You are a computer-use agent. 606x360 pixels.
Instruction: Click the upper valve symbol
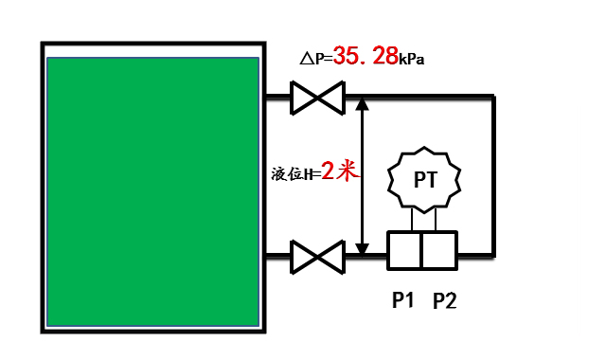coord(316,97)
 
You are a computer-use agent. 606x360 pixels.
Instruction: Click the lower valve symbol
coord(316,255)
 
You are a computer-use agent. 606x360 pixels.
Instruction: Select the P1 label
coord(404,301)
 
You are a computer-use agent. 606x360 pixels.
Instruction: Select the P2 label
coord(445,301)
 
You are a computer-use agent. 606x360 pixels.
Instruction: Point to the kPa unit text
coord(412,60)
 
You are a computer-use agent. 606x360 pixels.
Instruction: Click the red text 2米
coord(338,171)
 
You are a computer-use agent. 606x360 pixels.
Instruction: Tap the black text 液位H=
coord(295,173)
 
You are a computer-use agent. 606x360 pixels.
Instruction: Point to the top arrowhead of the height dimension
coord(362,103)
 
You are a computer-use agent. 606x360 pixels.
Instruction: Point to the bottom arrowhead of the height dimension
coord(362,247)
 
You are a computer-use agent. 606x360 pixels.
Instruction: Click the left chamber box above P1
coord(404,253)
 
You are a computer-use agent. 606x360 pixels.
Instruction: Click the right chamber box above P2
coord(440,253)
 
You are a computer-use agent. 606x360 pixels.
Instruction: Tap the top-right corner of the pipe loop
coord(493,97)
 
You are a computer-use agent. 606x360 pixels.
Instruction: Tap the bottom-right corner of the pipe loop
coord(493,254)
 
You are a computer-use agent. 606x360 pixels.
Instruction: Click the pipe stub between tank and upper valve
coord(277,97)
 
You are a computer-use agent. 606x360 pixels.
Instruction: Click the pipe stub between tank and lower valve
coord(277,255)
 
